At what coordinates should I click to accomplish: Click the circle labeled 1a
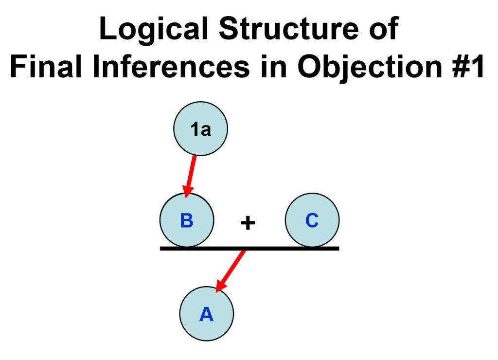(200, 129)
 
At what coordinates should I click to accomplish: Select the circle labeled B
(187, 220)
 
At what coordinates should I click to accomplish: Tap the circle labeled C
(312, 220)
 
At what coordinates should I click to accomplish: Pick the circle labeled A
(206, 314)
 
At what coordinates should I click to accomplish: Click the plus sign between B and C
(248, 222)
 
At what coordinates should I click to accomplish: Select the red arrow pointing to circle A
(230, 270)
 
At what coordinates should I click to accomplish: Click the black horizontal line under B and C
(249, 248)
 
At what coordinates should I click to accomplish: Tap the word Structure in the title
(289, 29)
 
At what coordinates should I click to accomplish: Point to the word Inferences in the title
(171, 66)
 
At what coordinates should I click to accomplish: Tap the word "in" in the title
(273, 66)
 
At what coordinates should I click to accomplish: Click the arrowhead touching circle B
(188, 192)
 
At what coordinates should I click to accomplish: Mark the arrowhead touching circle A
(220, 286)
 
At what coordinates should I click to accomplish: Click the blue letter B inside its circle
(187, 220)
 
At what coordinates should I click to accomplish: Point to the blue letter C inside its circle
(312, 220)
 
